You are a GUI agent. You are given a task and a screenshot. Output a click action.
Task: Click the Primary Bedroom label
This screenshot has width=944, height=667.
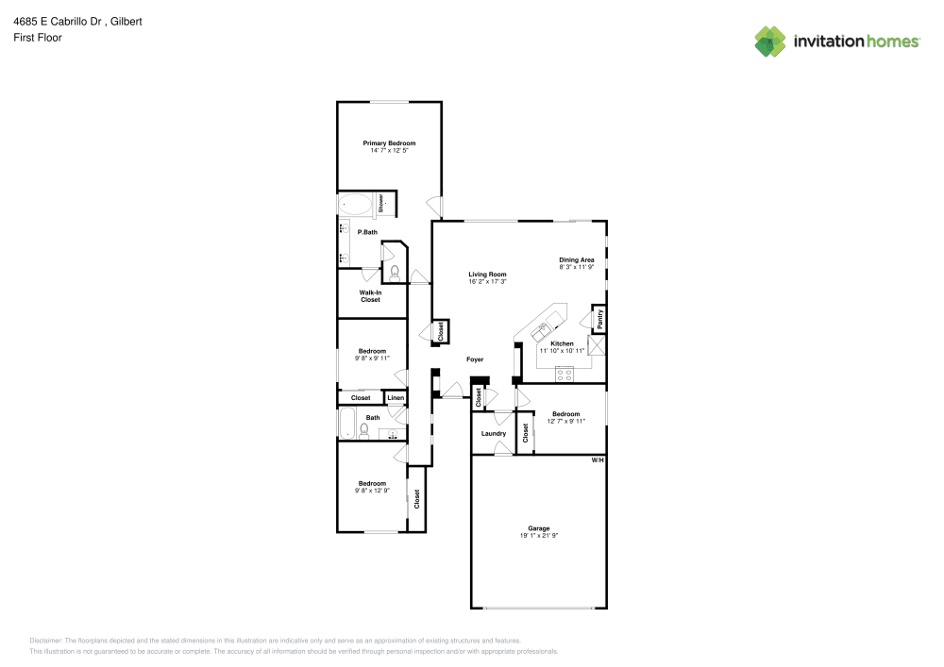389,143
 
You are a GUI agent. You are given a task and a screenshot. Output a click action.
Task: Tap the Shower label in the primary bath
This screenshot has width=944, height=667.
380,203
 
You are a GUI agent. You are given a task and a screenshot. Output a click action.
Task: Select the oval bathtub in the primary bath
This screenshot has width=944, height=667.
356,204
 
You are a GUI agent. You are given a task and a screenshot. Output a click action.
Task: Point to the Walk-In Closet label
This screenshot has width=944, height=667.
370,296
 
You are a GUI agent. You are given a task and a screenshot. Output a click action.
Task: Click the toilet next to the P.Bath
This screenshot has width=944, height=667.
394,274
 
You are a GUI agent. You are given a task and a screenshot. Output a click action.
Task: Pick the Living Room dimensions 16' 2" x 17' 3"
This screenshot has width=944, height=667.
488,281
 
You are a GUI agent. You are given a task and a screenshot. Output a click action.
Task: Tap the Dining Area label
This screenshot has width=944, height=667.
576,259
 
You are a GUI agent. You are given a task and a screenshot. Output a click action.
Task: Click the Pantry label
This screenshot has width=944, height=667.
599,319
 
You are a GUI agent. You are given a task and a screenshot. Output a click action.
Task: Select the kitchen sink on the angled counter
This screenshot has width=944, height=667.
543,330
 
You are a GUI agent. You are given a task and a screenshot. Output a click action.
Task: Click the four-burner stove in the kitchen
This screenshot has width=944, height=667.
565,375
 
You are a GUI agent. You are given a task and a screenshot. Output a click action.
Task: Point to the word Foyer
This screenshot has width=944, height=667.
475,359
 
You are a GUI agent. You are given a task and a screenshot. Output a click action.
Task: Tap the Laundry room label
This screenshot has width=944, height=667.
493,434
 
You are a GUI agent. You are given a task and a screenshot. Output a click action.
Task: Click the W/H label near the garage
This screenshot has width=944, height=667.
597,460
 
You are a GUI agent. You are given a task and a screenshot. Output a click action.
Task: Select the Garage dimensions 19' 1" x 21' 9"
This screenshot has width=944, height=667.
539,536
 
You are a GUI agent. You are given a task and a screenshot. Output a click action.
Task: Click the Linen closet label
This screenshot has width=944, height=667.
396,399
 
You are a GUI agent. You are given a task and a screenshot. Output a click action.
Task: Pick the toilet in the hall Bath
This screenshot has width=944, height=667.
363,430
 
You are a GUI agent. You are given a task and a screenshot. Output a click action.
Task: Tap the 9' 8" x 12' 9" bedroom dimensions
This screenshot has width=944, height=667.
372,491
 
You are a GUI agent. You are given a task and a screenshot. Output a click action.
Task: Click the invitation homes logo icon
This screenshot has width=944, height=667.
770,41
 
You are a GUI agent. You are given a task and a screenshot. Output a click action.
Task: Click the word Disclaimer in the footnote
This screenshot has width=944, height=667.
46,641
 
